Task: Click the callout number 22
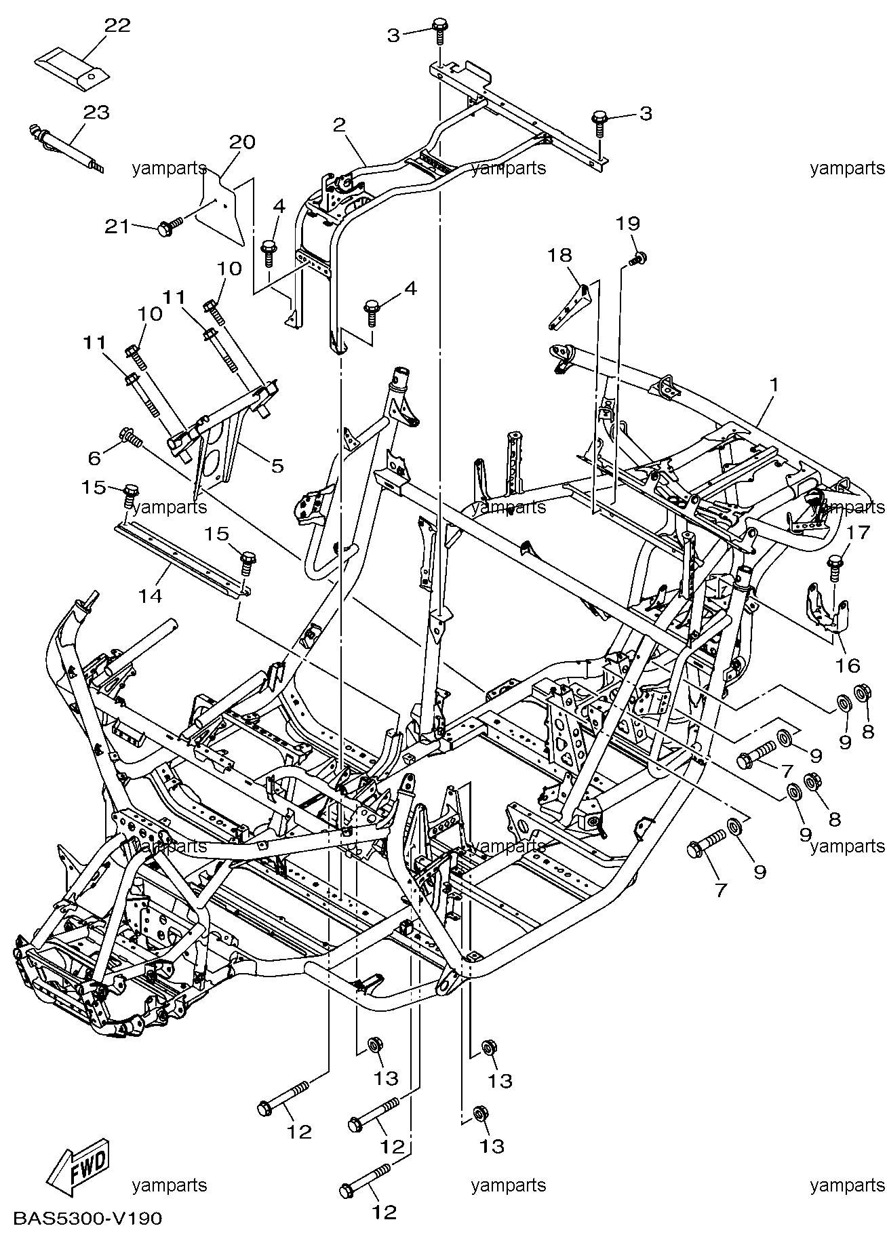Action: (117, 25)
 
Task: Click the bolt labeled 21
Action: (170, 226)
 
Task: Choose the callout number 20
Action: (242, 142)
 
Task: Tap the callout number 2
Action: (339, 125)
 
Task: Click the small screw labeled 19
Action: (637, 258)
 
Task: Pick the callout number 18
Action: (560, 255)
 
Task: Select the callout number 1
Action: (773, 384)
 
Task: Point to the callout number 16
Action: (847, 665)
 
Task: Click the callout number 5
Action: (277, 466)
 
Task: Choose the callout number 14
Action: (151, 595)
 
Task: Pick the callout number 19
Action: (628, 223)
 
